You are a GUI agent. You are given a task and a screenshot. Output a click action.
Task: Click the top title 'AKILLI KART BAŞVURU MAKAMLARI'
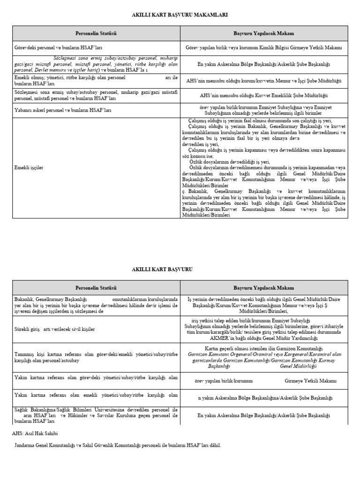pos(180,15)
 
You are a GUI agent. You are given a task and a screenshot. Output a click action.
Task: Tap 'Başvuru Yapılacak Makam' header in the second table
pos(264,287)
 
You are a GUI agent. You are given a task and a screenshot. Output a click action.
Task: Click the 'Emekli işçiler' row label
pos(29,167)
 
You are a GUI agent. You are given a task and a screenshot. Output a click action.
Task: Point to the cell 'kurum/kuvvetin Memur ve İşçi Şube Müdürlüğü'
pos(264,81)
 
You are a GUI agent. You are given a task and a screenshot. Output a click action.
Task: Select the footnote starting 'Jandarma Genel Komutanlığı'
pos(117,445)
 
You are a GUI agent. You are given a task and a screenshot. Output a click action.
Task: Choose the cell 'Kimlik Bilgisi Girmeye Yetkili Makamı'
pos(264,48)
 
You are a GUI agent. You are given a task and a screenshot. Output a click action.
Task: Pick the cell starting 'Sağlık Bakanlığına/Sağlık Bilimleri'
pos(96,415)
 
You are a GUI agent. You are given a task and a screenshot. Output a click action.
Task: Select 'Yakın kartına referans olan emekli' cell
pos(96,397)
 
